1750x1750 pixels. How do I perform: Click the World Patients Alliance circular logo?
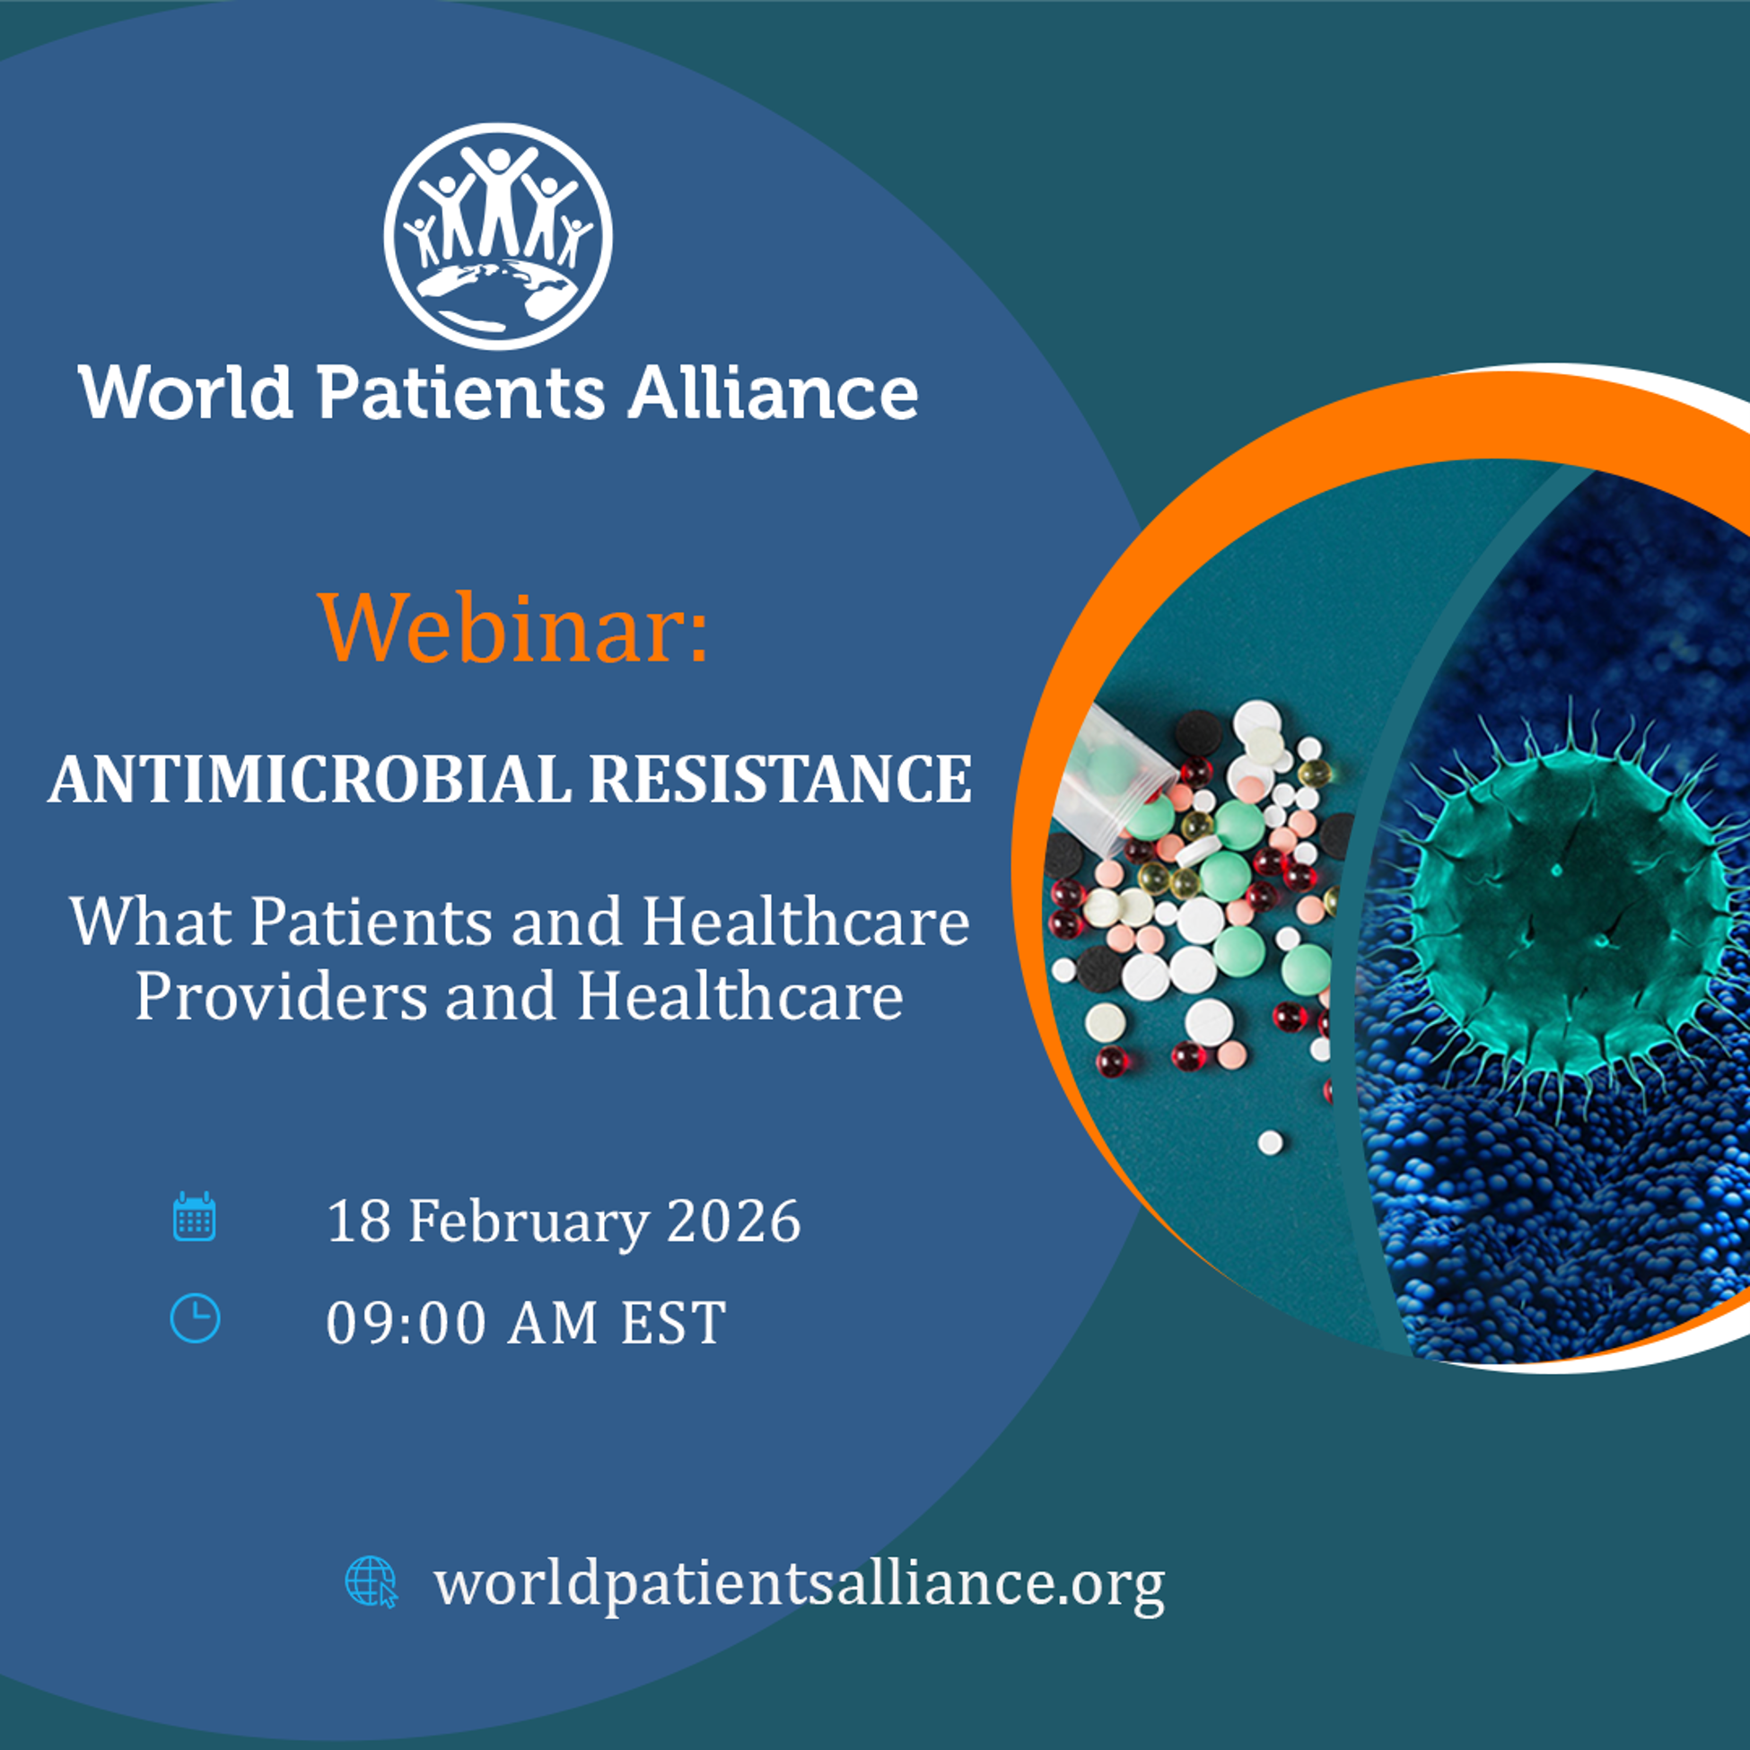pyautogui.click(x=497, y=236)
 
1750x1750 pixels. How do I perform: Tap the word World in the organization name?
pyautogui.click(x=186, y=392)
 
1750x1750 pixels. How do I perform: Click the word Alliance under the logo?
pyautogui.click(x=773, y=392)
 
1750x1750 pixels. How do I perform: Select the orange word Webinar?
pyautogui.click(x=513, y=626)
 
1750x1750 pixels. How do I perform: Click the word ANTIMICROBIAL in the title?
pyautogui.click(x=310, y=780)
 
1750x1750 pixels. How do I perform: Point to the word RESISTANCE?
pyautogui.click(x=781, y=780)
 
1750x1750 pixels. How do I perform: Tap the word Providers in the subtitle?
pyautogui.click(x=282, y=997)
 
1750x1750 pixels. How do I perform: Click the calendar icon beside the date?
pyautogui.click(x=194, y=1216)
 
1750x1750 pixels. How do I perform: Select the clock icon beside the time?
pyautogui.click(x=195, y=1318)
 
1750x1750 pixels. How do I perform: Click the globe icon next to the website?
pyautogui.click(x=372, y=1581)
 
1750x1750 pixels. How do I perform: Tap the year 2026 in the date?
pyautogui.click(x=734, y=1221)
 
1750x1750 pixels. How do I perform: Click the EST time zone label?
pyautogui.click(x=673, y=1323)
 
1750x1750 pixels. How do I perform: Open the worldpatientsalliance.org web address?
pyautogui.click(x=799, y=1583)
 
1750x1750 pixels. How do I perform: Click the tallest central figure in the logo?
pyautogui.click(x=498, y=199)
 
